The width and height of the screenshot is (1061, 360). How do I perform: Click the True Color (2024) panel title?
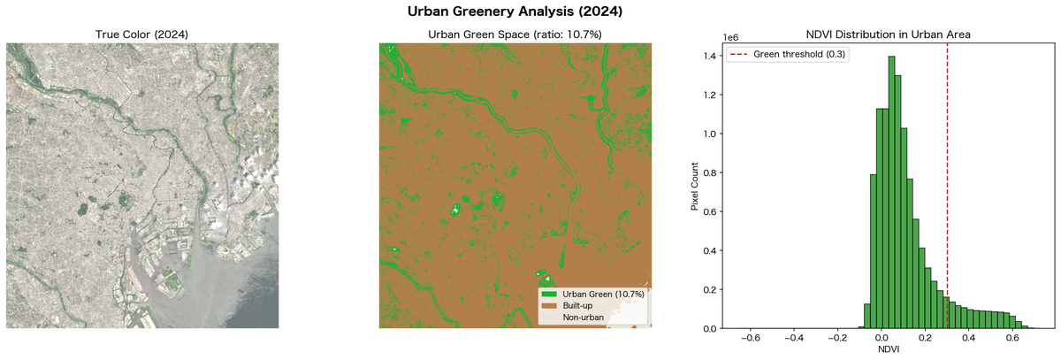142,34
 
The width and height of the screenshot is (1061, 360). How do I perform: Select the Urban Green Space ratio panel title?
515,34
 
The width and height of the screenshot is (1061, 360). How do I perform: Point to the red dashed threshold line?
947,177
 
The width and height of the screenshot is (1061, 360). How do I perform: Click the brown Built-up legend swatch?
547,305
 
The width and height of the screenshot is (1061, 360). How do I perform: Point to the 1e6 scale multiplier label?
730,38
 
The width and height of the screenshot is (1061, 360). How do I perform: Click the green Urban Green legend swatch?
547,294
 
